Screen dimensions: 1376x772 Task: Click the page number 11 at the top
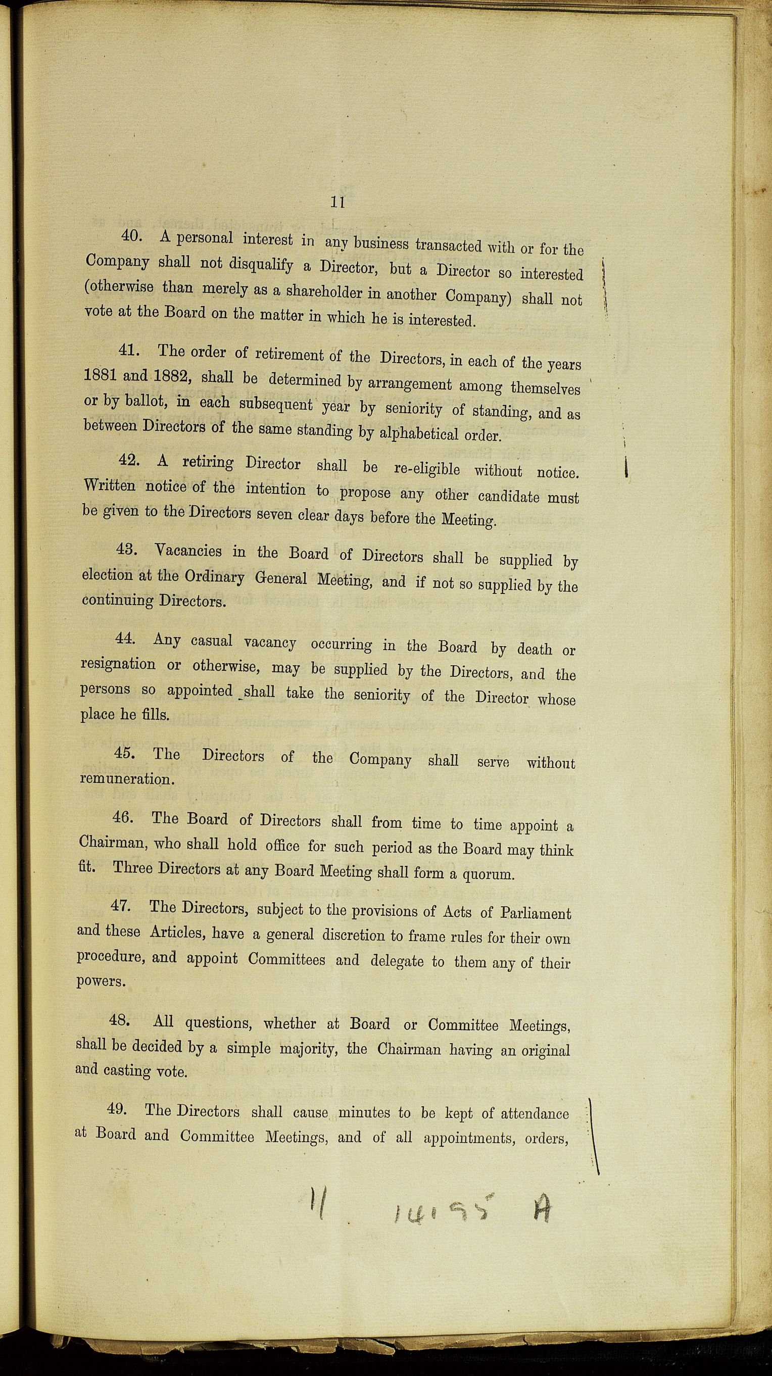click(x=337, y=203)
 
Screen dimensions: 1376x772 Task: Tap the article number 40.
click(x=131, y=235)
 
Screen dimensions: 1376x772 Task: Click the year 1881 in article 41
click(x=101, y=374)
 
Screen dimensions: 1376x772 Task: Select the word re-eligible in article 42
click(x=426, y=469)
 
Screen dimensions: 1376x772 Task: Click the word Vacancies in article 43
click(x=187, y=550)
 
